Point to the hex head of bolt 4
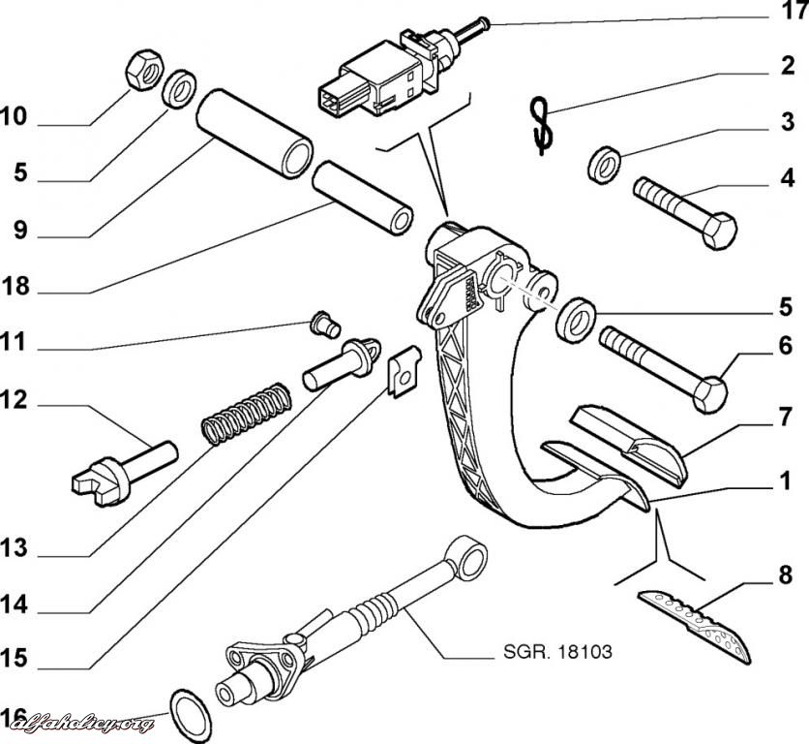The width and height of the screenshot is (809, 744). (719, 231)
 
